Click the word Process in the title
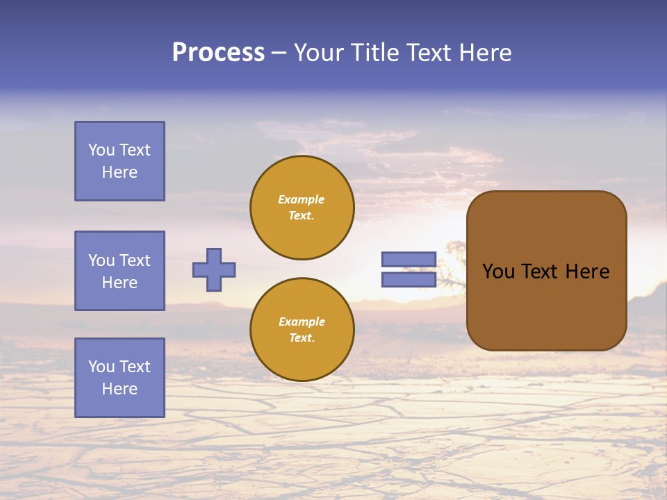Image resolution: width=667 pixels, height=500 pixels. (x=218, y=53)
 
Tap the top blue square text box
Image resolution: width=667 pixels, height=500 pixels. (x=120, y=161)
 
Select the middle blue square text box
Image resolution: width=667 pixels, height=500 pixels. (x=120, y=271)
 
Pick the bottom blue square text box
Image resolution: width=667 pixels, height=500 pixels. (x=120, y=378)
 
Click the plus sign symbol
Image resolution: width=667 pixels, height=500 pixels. (x=214, y=269)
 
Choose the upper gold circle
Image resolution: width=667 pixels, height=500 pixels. (x=302, y=207)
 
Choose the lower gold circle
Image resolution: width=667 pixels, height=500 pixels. (x=302, y=329)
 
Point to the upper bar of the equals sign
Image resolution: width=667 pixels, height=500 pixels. (x=409, y=260)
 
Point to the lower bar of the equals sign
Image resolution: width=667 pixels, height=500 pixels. (x=409, y=279)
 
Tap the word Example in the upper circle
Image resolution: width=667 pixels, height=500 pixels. (x=301, y=199)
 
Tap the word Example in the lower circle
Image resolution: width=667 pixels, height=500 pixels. (x=302, y=322)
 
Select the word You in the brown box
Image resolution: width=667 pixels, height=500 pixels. (x=498, y=272)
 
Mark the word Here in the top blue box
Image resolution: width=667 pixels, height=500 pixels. (x=120, y=172)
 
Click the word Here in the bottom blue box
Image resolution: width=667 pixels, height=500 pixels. (x=120, y=389)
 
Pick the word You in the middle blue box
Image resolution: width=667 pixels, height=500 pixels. (x=101, y=260)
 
